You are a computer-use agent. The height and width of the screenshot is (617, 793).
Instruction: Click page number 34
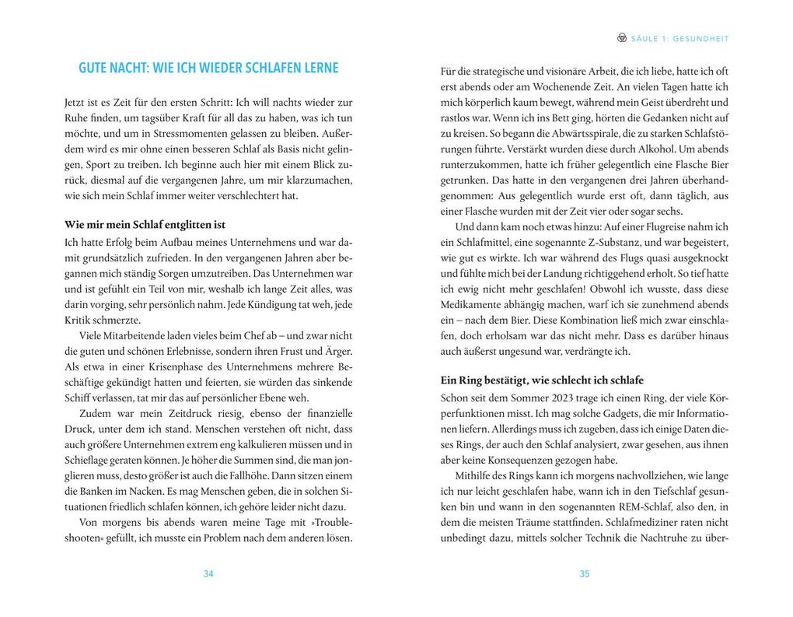point(208,574)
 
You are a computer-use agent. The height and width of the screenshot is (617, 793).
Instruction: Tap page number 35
point(585,574)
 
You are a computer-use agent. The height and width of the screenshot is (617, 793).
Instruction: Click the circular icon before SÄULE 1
point(621,37)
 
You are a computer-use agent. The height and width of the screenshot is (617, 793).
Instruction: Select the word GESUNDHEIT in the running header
point(703,38)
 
